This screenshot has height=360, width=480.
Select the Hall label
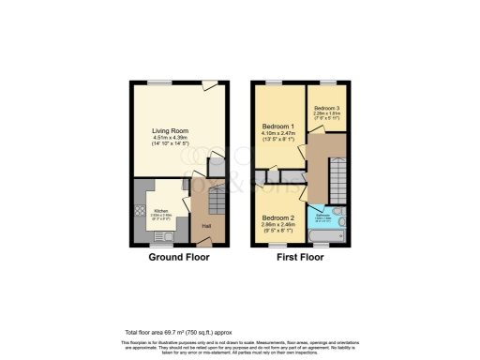click(x=204, y=225)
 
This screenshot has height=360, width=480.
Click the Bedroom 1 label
click(x=278, y=126)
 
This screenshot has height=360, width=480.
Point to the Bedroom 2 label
click(x=277, y=220)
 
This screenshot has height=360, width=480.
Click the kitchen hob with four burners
click(x=140, y=212)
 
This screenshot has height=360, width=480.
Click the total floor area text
click(x=178, y=333)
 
